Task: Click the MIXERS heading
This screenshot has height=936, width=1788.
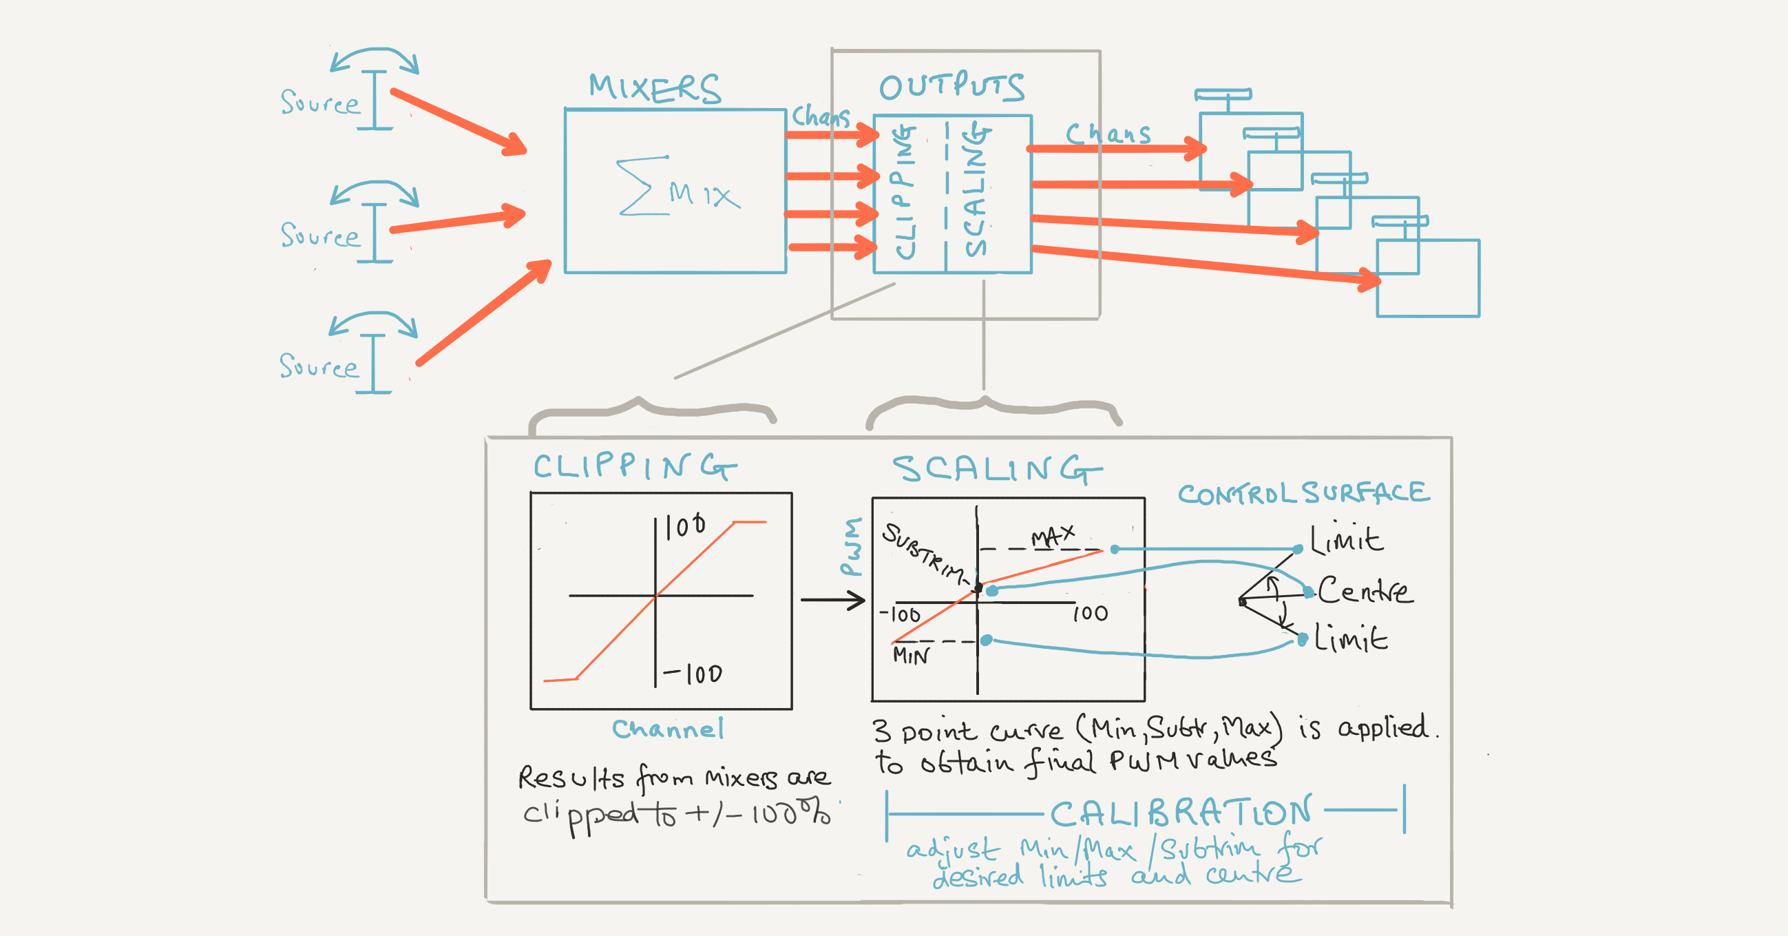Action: click(655, 89)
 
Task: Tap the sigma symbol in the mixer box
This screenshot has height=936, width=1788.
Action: click(635, 186)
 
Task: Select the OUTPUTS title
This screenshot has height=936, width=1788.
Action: click(951, 87)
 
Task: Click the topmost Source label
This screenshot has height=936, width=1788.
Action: click(320, 103)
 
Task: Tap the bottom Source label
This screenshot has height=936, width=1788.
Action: click(319, 366)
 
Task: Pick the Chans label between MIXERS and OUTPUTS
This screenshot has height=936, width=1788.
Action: click(821, 116)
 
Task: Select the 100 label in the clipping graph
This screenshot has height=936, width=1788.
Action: click(685, 526)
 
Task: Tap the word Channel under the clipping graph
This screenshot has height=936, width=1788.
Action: click(668, 729)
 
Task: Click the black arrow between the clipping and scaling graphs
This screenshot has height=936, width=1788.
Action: click(832, 600)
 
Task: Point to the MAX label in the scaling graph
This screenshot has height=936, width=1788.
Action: click(1052, 537)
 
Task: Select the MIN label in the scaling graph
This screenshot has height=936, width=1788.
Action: click(910, 656)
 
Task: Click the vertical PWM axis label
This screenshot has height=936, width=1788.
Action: click(852, 547)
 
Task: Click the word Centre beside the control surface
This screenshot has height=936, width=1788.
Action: click(1365, 591)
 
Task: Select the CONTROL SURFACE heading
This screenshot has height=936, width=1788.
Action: click(1303, 494)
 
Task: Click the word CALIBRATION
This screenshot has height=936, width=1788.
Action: click(1180, 813)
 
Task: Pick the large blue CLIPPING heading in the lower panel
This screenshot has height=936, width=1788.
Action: click(633, 466)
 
